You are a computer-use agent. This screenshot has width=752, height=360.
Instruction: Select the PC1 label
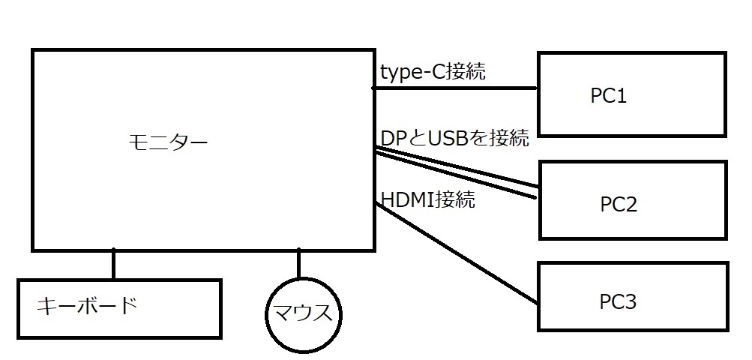tap(609, 97)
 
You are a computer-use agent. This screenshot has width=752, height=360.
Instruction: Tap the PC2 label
tap(619, 204)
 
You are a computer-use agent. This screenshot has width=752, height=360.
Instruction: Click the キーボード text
tap(87, 305)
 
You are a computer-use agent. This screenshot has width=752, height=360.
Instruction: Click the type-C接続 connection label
tap(433, 73)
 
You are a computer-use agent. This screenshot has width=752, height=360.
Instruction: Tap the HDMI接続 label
tap(428, 200)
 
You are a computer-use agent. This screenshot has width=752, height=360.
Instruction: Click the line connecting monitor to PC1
tap(456, 88)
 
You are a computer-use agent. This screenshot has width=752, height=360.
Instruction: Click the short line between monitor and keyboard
tap(114, 264)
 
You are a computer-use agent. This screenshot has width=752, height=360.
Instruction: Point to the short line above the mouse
tap(298, 264)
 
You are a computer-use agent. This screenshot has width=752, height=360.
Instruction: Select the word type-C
tap(413, 73)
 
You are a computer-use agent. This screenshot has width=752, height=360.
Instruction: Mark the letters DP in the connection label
tap(392, 138)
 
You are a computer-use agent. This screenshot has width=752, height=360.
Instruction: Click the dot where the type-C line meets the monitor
tap(374, 88)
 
